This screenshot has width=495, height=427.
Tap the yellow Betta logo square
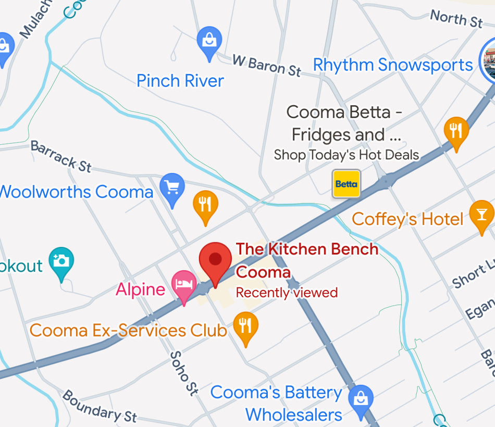coord(346,184)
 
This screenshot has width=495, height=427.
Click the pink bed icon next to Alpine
coord(184,284)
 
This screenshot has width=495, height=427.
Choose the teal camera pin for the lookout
coord(61,261)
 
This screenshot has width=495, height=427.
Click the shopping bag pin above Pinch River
coord(209,41)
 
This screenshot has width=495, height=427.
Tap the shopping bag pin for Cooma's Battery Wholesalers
coord(360,399)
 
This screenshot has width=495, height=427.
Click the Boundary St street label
coord(100,406)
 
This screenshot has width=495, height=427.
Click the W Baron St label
coord(267,66)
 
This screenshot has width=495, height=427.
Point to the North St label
coord(456,19)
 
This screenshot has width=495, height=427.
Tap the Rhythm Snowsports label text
coord(392,65)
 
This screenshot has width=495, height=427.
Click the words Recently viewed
coord(287,293)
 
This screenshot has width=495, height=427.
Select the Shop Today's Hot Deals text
coord(346,155)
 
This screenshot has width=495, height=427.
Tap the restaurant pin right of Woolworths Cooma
coord(206,205)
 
